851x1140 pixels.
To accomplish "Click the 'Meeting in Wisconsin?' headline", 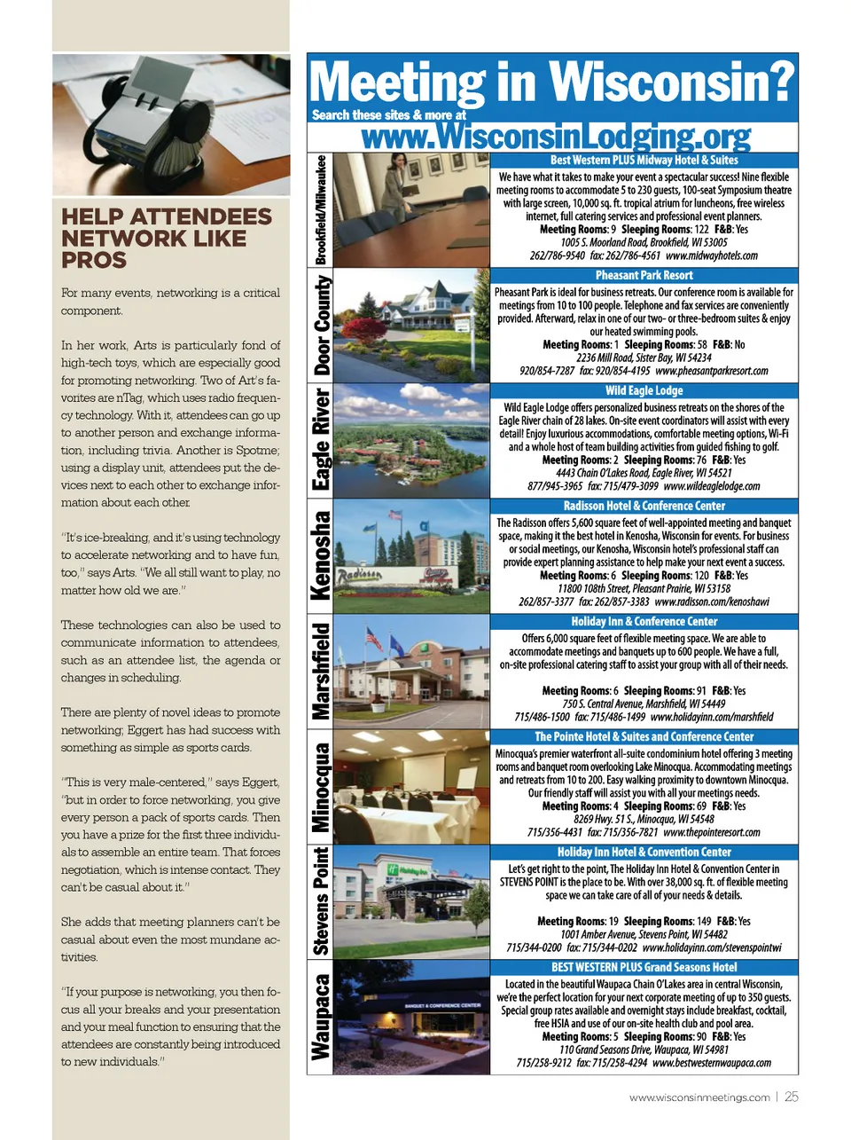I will pos(551,83).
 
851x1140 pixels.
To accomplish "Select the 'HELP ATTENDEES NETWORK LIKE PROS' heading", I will pos(167,238).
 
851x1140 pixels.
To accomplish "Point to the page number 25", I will pos(792,1097).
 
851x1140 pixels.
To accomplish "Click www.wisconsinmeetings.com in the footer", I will pos(699,1097).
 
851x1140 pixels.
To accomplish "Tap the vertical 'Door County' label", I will pos(323,325).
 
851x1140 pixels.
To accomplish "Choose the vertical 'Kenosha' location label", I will pos(323,555).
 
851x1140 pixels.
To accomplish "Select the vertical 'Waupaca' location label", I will pos(321,1017).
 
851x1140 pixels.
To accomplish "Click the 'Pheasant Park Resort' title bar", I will pos(644,275).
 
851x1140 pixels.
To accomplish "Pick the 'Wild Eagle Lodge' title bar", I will pos(644,390).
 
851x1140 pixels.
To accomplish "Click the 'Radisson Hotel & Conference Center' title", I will pos(644,506).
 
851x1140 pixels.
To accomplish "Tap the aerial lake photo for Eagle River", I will pos(411,440).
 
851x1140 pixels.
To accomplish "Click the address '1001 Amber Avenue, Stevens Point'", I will pos(644,934).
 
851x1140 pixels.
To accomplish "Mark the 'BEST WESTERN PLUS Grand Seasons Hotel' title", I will pos(644,967).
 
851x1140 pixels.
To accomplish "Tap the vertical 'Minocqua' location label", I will pos(321,787).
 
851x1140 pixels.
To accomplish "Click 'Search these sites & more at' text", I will pos(388,115).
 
